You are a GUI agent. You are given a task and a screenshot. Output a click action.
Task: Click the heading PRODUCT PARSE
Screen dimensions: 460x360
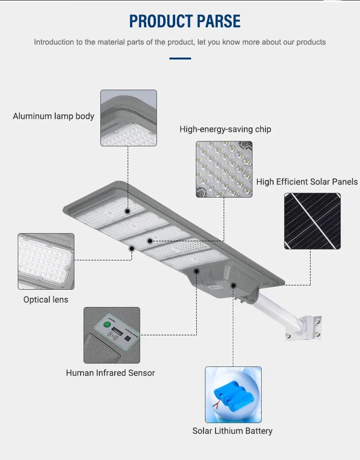185,21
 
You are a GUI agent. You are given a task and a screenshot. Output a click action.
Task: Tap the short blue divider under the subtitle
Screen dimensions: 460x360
180,59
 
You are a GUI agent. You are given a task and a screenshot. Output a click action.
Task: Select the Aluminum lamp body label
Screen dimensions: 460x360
53,116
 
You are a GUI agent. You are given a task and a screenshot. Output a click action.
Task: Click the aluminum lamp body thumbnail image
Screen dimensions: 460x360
128,118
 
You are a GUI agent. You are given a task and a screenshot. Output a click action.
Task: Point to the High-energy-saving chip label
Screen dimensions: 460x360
225,129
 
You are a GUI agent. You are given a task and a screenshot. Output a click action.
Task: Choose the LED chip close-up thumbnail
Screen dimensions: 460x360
224,169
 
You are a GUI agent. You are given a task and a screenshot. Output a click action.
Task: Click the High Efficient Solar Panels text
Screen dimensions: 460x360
307,182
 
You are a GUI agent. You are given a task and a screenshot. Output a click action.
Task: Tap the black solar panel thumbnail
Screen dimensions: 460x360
312,221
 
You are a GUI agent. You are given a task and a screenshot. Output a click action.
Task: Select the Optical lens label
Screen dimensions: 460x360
46,300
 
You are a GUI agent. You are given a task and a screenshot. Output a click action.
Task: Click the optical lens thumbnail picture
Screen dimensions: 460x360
46,261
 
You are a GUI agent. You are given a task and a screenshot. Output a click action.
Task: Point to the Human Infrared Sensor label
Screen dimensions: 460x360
110,373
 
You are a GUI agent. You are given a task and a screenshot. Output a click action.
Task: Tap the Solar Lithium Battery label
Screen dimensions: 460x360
232,431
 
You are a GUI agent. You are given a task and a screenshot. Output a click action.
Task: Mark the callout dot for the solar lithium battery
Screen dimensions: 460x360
233,285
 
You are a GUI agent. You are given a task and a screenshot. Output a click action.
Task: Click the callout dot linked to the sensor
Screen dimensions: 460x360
196,271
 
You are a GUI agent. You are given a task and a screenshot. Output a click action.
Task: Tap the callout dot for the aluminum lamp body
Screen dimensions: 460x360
128,211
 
